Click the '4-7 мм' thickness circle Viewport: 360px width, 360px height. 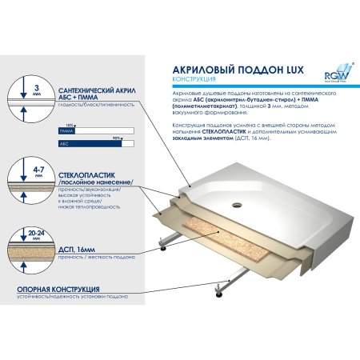coord(26,171)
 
